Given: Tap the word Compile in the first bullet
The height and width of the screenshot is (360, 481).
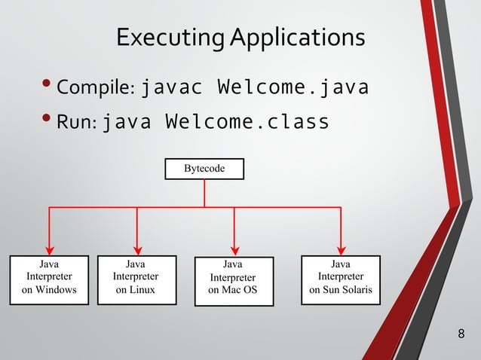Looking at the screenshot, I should [95, 90].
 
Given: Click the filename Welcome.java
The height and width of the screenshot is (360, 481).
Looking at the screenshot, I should [293, 88].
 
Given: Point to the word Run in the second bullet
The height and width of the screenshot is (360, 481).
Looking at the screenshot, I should [77, 123].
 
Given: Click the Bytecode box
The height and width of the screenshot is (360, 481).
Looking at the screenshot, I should [204, 169].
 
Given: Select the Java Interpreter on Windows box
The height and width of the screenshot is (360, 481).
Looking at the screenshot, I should [49, 277].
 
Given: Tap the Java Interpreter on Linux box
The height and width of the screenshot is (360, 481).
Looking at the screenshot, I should [136, 277].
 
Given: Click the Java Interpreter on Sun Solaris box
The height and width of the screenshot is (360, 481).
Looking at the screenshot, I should [340, 277].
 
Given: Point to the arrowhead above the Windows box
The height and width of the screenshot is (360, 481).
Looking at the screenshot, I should [50, 249].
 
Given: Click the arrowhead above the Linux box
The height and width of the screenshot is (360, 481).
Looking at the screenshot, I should [137, 249].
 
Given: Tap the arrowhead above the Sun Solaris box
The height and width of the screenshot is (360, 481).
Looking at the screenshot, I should [341, 249].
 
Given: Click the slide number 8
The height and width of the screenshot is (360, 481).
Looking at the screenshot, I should [461, 333].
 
